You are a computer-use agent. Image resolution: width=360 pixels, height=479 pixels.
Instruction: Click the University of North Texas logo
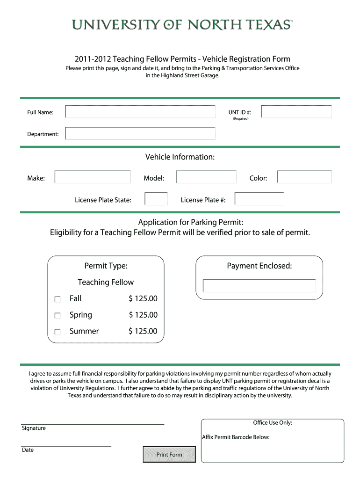pos(182,24)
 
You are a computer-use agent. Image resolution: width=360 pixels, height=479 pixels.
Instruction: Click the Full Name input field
pos(140,112)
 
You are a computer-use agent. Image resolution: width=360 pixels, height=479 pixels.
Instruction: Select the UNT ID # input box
pos(296,112)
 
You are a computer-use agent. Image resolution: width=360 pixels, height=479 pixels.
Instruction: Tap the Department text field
pos(140,134)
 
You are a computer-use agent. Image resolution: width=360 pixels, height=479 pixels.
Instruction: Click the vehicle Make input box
pos(93,177)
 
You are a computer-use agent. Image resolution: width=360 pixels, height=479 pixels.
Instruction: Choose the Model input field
pos(206,177)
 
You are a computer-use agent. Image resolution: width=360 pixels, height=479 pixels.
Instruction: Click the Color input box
pos(304,177)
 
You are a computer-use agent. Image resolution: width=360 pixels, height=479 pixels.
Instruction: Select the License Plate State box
pos(156,199)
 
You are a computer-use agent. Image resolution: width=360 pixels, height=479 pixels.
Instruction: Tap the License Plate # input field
pos(259,199)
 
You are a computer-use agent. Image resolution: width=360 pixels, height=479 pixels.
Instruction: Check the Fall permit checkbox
pos(58,299)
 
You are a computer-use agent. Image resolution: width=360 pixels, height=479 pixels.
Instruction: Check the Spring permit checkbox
pos(58,316)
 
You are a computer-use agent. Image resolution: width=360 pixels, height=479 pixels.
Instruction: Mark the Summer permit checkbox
pos(58,332)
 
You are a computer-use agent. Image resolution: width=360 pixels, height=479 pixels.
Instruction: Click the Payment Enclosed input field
pos(259,286)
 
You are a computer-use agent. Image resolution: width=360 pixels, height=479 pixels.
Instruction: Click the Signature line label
pos(34,428)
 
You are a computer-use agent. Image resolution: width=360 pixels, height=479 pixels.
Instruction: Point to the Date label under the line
pos(28,450)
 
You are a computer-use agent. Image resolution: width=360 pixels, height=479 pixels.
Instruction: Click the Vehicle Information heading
pos(180,157)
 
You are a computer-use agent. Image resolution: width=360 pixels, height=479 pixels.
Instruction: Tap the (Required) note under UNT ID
pos(241,119)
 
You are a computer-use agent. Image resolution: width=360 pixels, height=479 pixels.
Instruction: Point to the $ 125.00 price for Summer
pos(143,331)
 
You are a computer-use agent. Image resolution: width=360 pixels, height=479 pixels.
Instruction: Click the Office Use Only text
pos(273,423)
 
